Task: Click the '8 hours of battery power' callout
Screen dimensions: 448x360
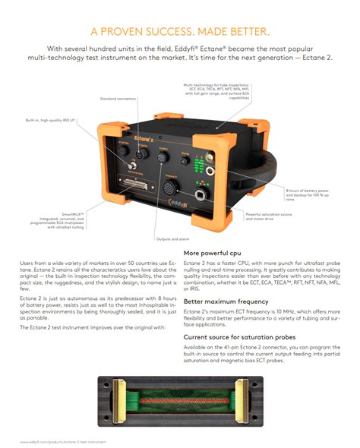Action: pos(308,194)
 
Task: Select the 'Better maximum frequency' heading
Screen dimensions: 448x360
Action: pos(223,301)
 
